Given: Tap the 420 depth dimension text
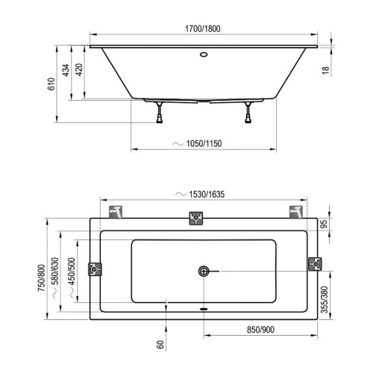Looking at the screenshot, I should click(80, 72).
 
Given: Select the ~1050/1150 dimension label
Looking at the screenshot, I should click(202, 142).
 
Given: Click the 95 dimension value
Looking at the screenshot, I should click(323, 223).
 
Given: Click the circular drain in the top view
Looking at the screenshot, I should click(204, 272).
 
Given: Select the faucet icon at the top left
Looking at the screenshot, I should click(116, 211).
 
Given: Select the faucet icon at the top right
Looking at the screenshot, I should click(295, 211).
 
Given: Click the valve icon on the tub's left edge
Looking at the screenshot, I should click(95, 269).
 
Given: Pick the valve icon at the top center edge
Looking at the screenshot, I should click(195, 218).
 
